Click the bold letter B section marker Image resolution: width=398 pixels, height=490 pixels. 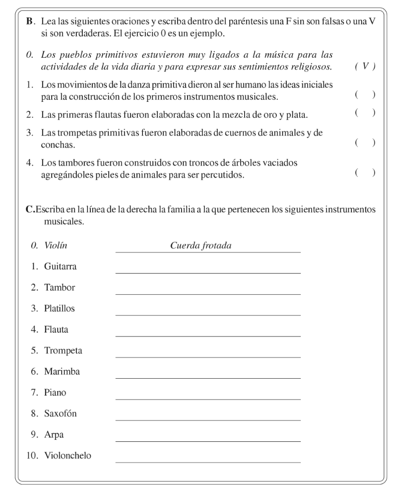[29, 23]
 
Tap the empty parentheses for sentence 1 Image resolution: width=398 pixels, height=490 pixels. [365, 94]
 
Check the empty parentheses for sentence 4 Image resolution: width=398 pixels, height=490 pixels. [365, 173]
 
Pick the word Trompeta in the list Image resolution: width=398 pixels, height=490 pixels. [63, 350]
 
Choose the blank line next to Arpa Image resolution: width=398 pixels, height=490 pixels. [207, 440]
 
